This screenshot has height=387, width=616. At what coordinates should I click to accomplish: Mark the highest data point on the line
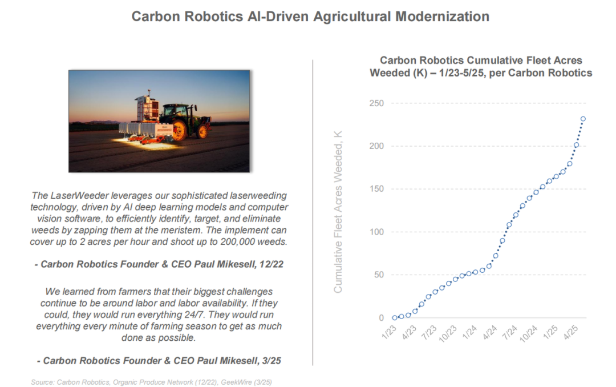[x=583, y=119]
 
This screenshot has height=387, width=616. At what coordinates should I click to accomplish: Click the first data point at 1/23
[x=395, y=317]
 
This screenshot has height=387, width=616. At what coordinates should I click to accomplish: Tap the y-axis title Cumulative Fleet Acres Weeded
[x=338, y=212]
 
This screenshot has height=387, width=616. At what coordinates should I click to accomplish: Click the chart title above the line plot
[x=481, y=66]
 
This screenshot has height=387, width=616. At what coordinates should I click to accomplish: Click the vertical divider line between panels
[x=313, y=211]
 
